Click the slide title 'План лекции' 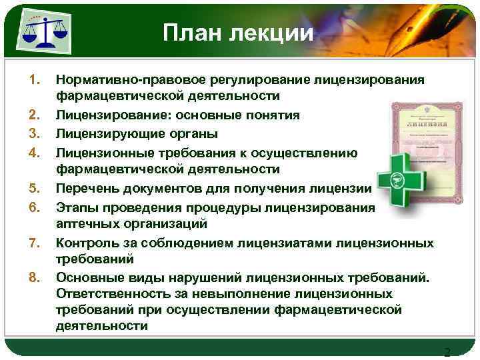237,33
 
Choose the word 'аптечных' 87,224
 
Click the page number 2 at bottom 447,352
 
